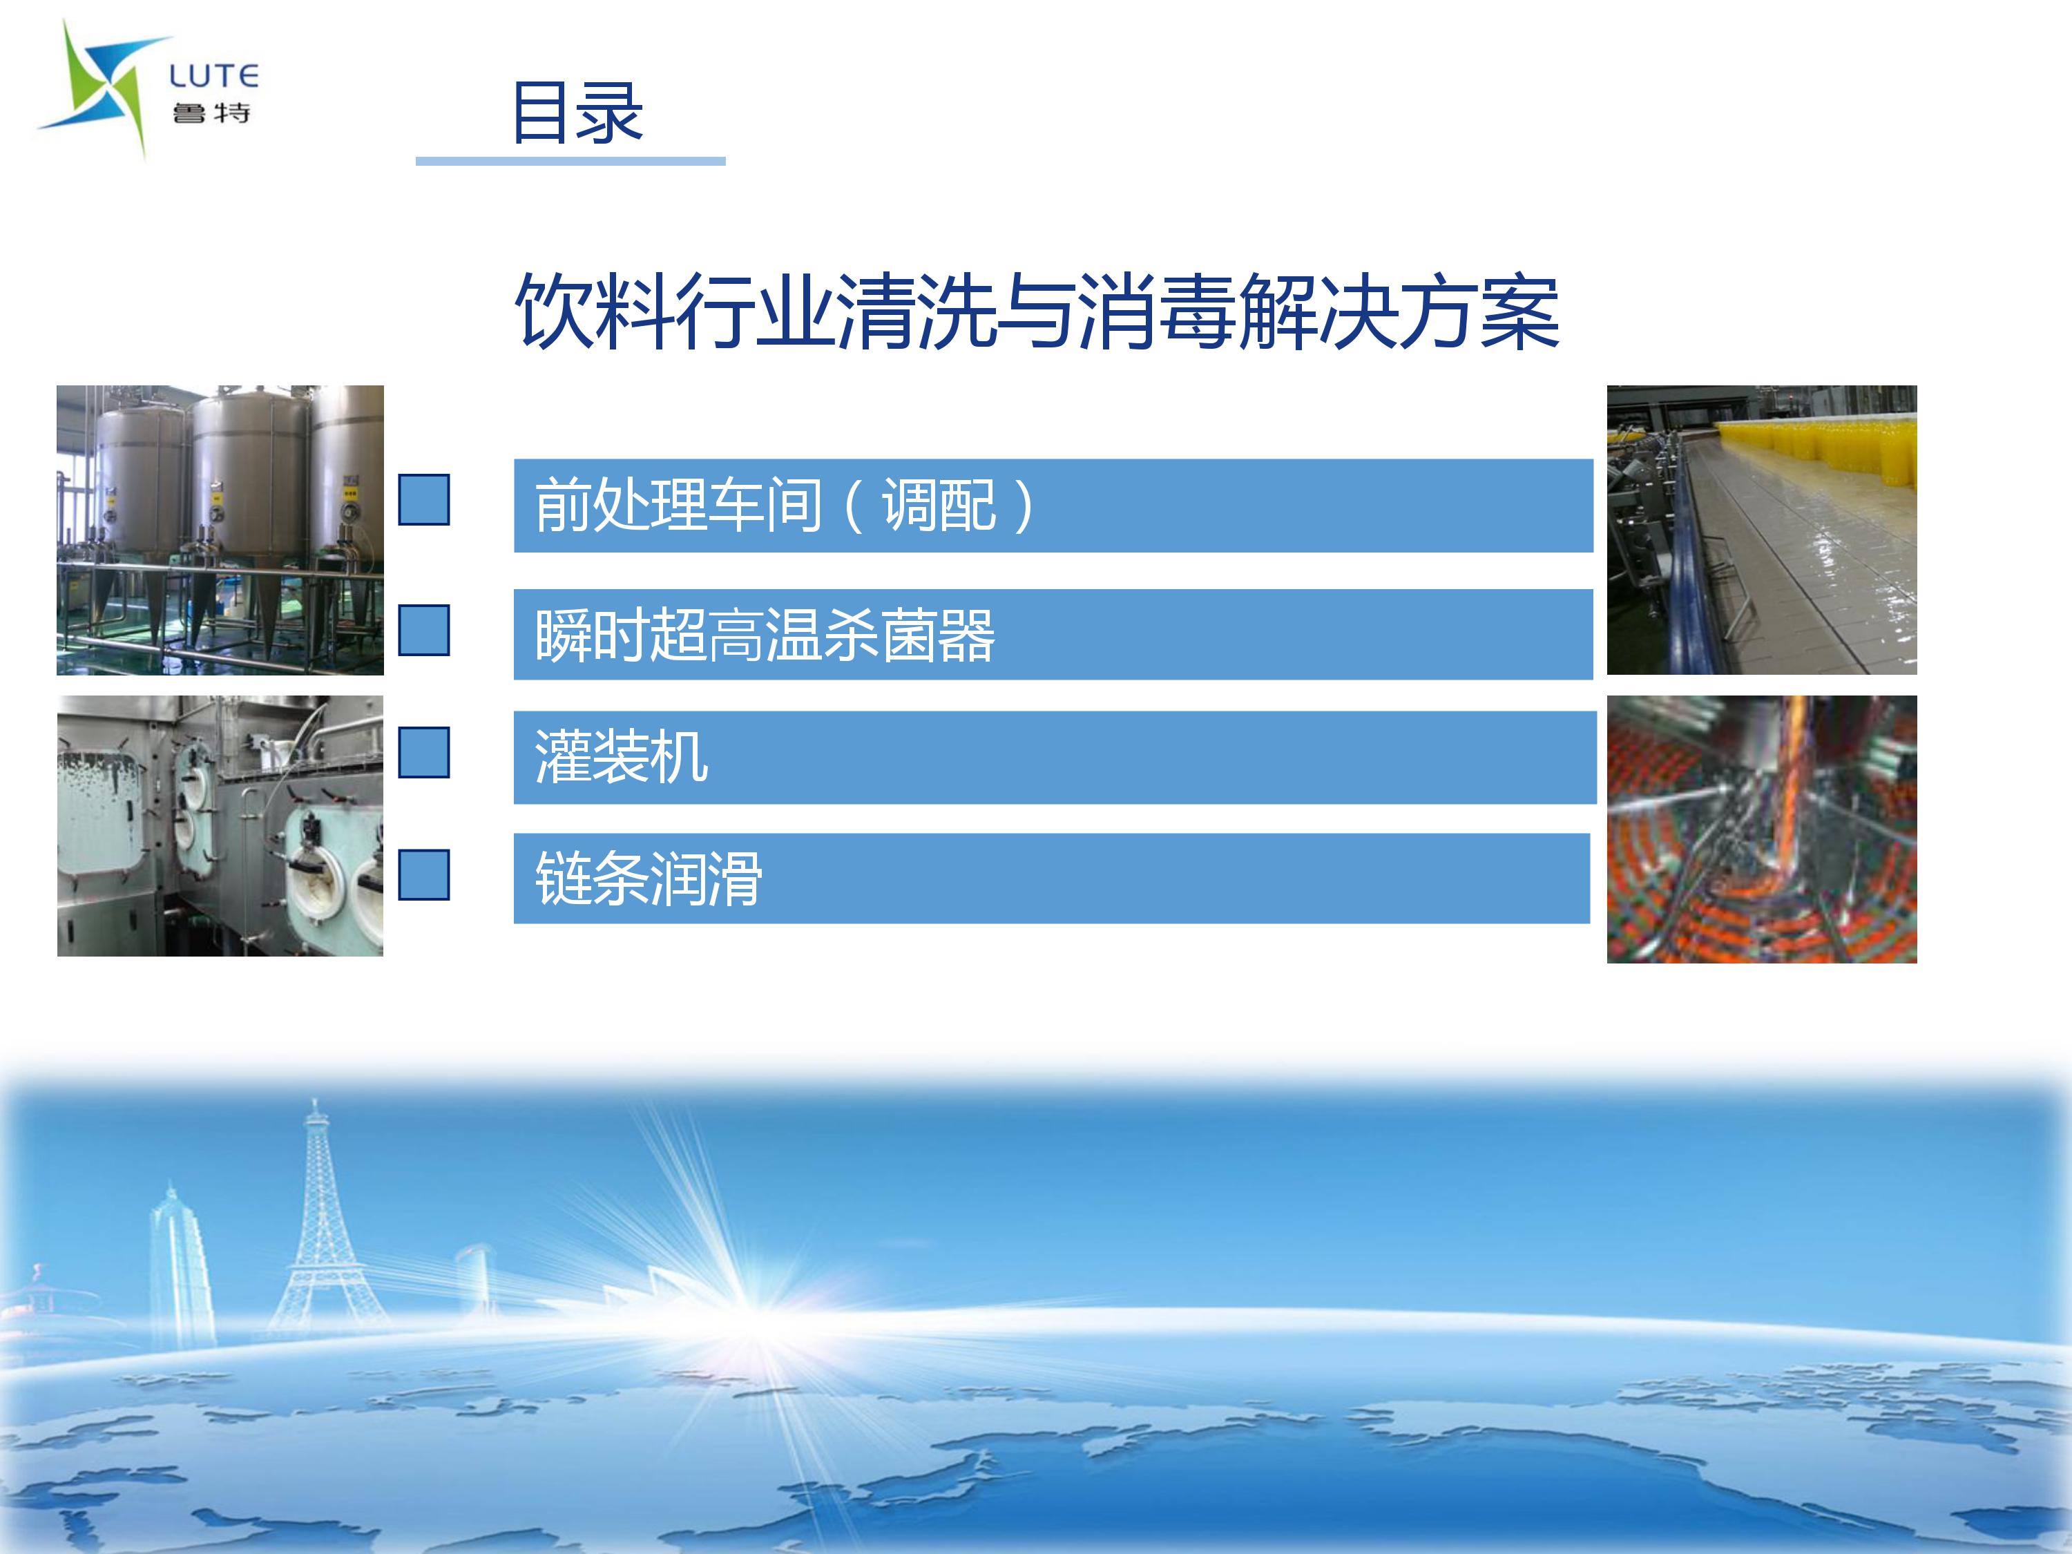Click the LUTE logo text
[213, 76]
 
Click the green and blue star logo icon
[103, 89]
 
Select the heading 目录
[577, 113]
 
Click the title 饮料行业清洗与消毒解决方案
[1037, 312]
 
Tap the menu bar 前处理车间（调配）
[1053, 506]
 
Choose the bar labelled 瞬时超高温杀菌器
[1053, 634]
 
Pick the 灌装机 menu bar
[1055, 757]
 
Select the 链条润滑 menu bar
[1051, 879]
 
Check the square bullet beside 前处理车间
[424, 499]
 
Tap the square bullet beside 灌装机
[424, 752]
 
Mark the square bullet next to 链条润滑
[424, 875]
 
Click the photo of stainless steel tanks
[220, 530]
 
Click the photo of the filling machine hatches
[220, 826]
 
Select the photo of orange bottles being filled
[1762, 829]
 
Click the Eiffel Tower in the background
[316, 1218]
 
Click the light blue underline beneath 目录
[570, 161]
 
